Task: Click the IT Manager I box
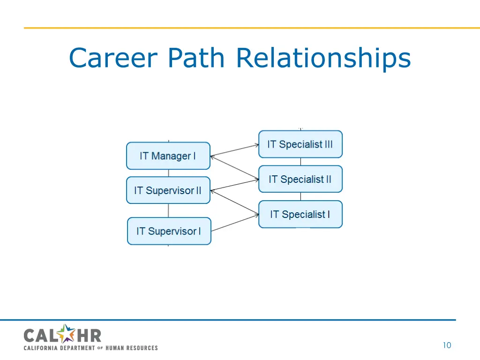click(168, 156)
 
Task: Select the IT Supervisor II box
click(168, 190)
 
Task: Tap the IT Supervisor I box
click(169, 231)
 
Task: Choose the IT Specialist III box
click(300, 144)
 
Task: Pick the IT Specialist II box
click(300, 179)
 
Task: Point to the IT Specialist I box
click(300, 214)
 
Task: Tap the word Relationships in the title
click(323, 58)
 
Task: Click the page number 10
click(447, 345)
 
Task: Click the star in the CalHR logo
click(67, 334)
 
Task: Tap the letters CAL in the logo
click(41, 336)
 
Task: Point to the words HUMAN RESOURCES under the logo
click(131, 348)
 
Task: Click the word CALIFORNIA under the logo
click(41, 348)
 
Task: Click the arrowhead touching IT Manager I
click(212, 156)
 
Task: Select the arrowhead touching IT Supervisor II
click(212, 190)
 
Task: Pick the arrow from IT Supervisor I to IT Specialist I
click(234, 223)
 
